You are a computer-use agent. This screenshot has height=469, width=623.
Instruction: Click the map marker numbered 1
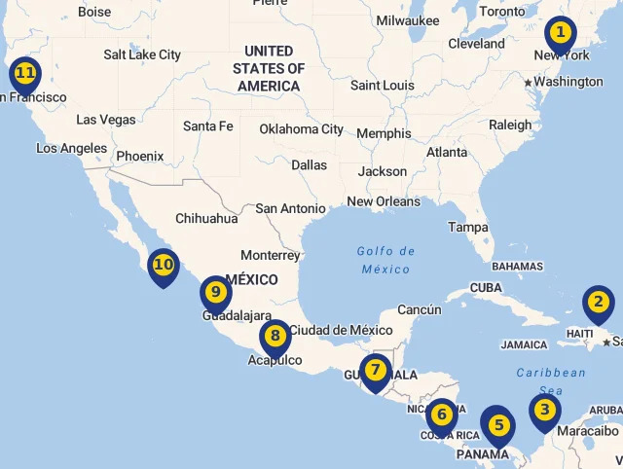pos(559,33)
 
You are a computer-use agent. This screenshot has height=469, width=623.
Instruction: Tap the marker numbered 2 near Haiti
pos(598,303)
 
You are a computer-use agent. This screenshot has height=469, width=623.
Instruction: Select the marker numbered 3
pos(544,411)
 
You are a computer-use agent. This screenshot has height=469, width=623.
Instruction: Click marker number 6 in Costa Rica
pos(441,415)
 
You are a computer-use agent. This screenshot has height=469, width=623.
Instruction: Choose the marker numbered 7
pos(375,371)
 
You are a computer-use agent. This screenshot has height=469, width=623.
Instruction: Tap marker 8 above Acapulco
pos(275,337)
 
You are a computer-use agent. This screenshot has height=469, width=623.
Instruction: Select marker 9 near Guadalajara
pos(215,291)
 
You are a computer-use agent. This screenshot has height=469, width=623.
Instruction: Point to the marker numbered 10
pos(163,265)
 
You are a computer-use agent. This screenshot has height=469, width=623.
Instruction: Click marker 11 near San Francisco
pos(24,73)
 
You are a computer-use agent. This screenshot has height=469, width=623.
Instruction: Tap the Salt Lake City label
pos(142,55)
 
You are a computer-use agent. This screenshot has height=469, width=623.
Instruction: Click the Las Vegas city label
pos(106,120)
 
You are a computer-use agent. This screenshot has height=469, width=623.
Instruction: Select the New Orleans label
pos(384,201)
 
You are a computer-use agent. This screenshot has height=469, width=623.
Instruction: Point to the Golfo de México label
pos(385,260)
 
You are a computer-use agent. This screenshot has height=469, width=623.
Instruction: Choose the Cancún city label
pos(419,309)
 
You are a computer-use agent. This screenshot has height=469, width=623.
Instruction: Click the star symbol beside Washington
pos(529,83)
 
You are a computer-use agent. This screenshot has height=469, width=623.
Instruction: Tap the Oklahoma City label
pos(301,128)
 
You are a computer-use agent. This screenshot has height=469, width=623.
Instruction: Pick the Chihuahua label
pos(206,219)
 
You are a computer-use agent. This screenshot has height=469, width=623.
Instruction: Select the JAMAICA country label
pos(524,344)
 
